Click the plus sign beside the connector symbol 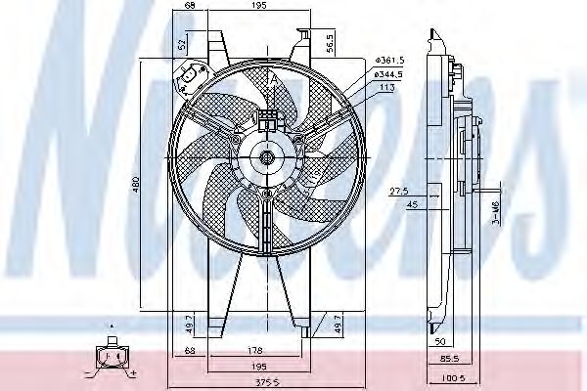pyautogui.click(x=132, y=373)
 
